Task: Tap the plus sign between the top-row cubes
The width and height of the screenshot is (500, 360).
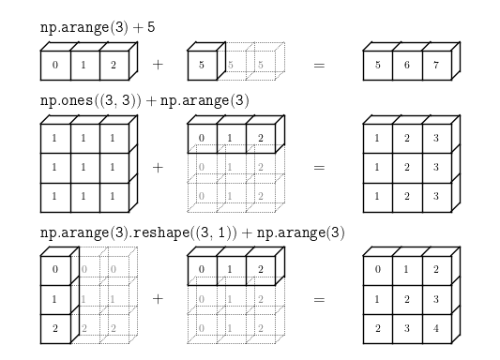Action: (157, 66)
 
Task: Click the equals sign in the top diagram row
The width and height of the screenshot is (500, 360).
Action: (318, 66)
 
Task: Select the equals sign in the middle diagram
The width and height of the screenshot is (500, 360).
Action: (318, 168)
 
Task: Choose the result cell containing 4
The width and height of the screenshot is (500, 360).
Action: (437, 329)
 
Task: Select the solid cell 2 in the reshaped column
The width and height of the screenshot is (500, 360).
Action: (56, 329)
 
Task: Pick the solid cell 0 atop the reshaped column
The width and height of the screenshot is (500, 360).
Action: (56, 271)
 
